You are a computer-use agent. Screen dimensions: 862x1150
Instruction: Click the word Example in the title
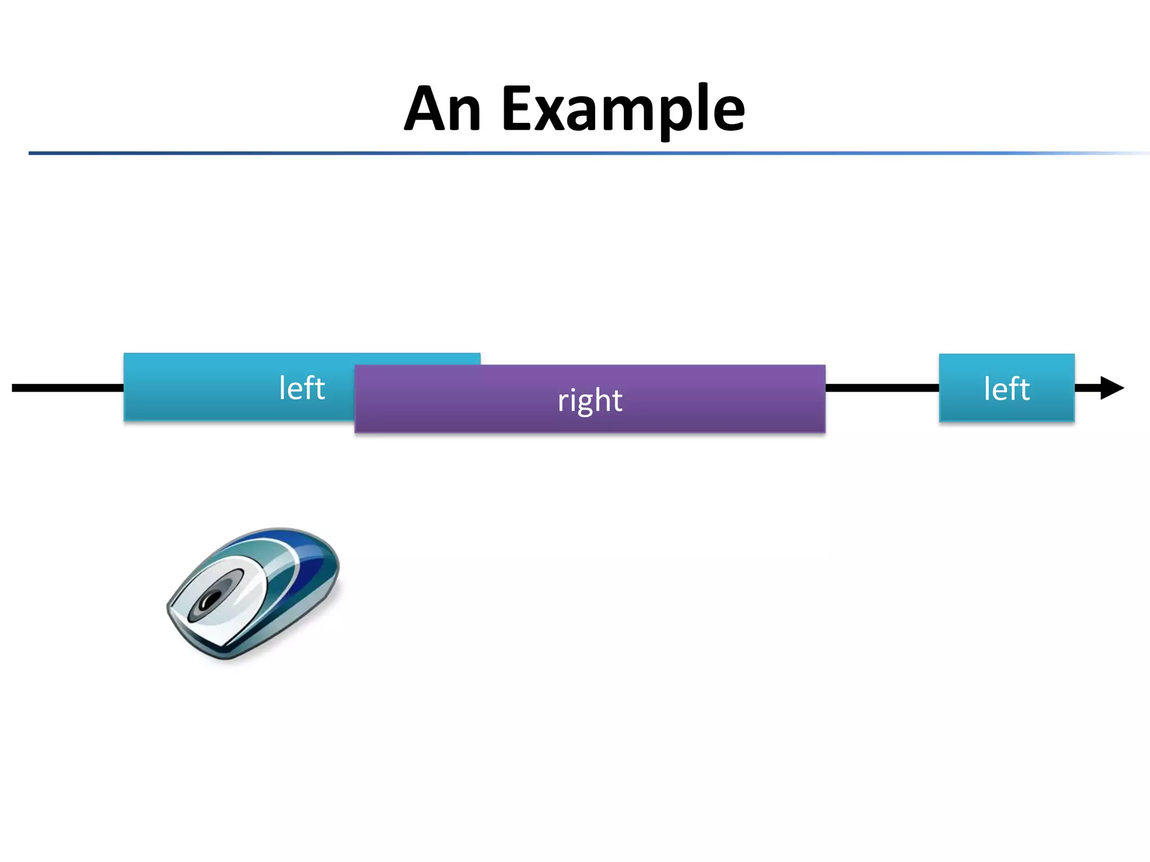(x=623, y=109)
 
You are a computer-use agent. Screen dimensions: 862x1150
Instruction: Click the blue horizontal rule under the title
(x=562, y=153)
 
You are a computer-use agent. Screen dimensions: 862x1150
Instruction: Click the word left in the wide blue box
(x=302, y=388)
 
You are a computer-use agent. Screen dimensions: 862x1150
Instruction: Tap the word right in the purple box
(x=590, y=400)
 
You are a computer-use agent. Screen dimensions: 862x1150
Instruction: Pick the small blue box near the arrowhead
(x=1006, y=388)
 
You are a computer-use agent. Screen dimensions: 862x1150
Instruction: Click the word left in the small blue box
(x=1006, y=388)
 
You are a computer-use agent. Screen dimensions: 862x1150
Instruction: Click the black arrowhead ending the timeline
(x=1111, y=388)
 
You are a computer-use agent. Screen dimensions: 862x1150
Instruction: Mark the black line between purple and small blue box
(x=882, y=388)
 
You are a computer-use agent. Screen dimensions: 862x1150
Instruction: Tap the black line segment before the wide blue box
(x=67, y=388)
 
